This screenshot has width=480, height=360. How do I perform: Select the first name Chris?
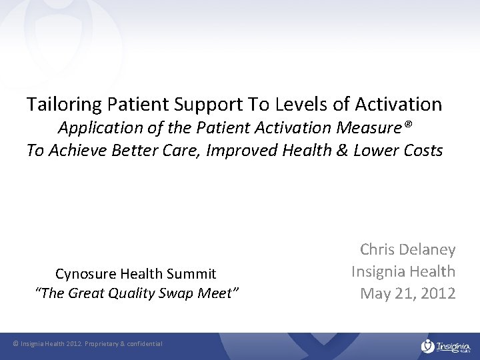tap(377, 250)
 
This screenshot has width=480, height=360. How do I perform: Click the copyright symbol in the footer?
tap(16, 344)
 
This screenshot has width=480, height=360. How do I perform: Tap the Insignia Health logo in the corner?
tap(446, 345)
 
